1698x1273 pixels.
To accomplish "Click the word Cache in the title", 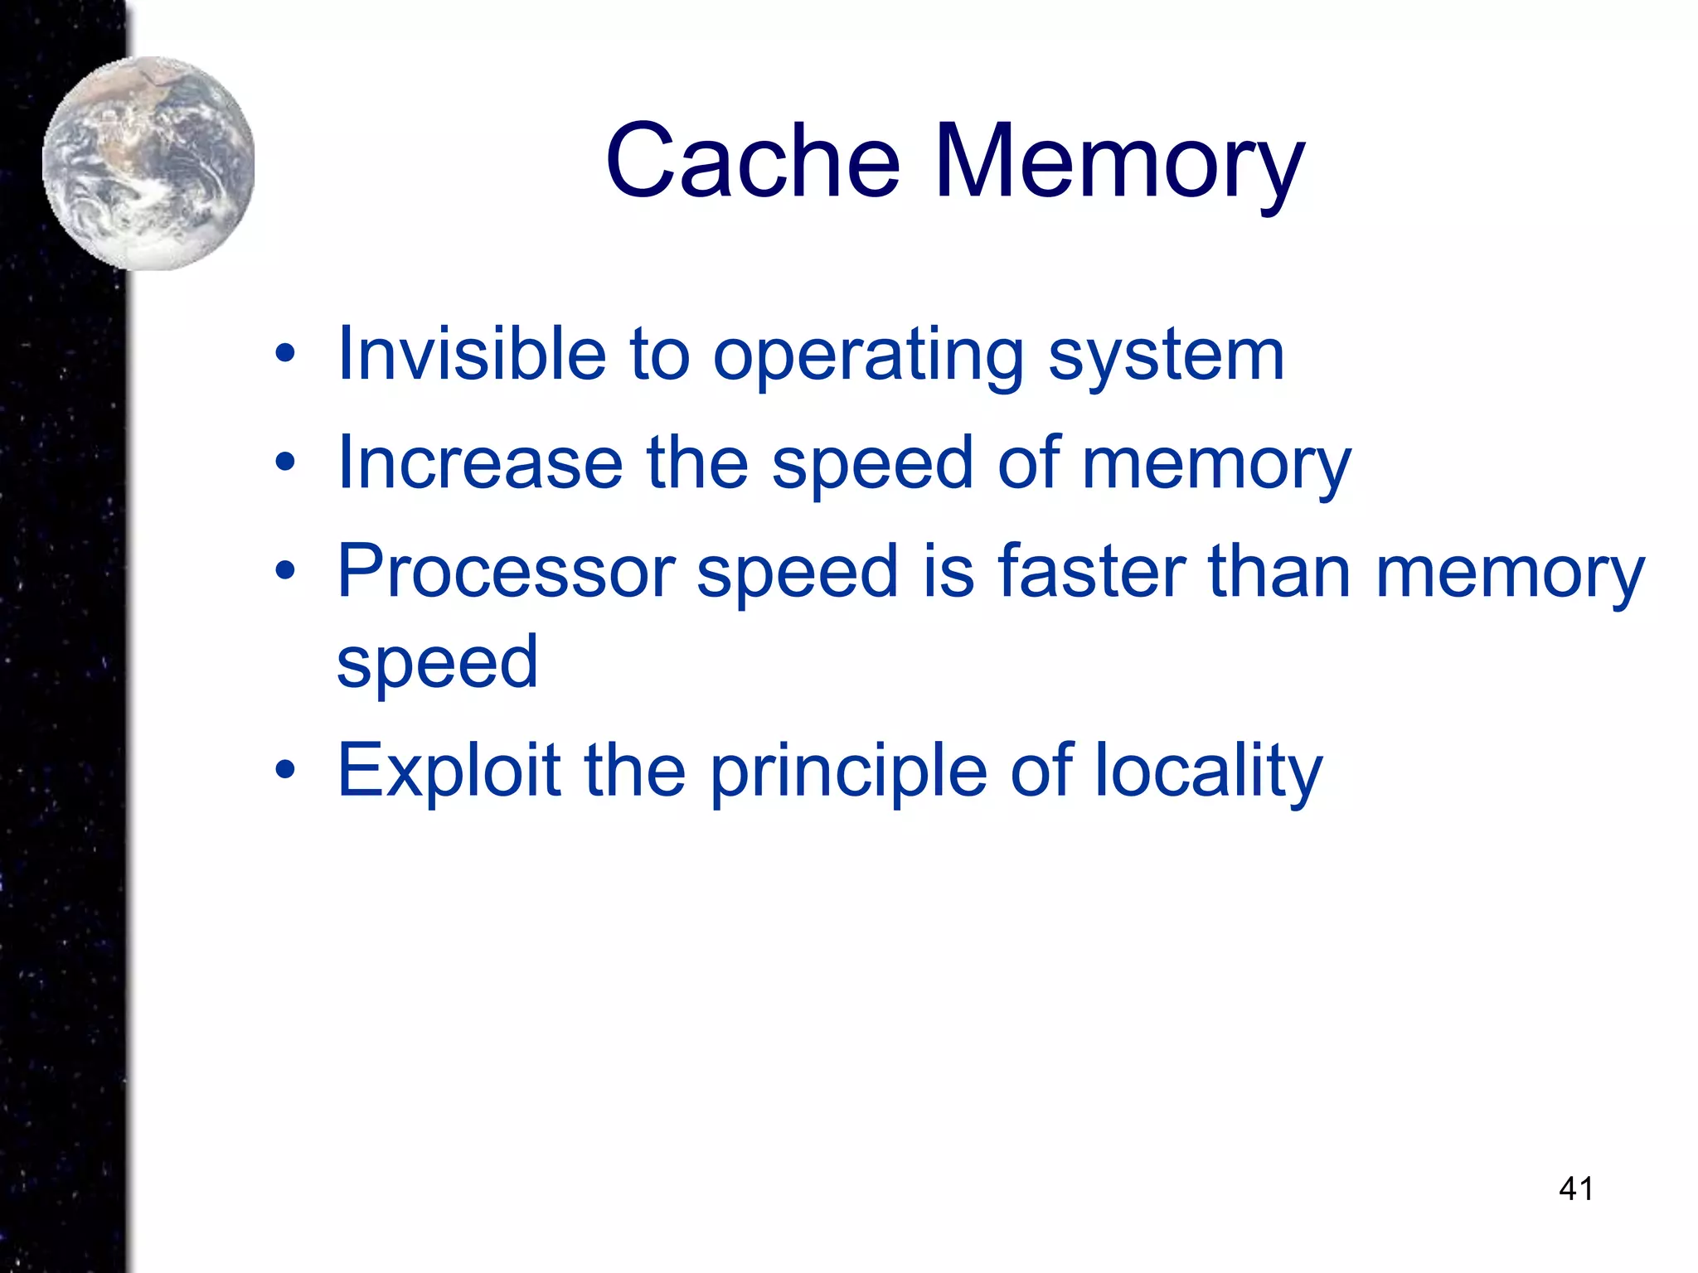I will tap(753, 161).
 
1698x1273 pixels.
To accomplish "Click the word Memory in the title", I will tap(1119, 161).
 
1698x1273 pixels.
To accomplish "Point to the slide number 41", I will tap(1576, 1188).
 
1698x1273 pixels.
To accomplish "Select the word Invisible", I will tap(472, 355).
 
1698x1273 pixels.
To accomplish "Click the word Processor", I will tap(506, 572).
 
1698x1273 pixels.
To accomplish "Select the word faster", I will tap(1091, 572).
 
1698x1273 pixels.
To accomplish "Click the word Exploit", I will tap(449, 771).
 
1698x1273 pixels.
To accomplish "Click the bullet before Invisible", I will tap(285, 356).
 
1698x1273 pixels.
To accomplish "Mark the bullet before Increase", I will tap(285, 463).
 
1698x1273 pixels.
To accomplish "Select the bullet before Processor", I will tap(285, 571).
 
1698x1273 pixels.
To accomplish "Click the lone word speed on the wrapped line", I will tap(437, 663).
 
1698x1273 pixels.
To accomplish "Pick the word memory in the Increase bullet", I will tap(1216, 464).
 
